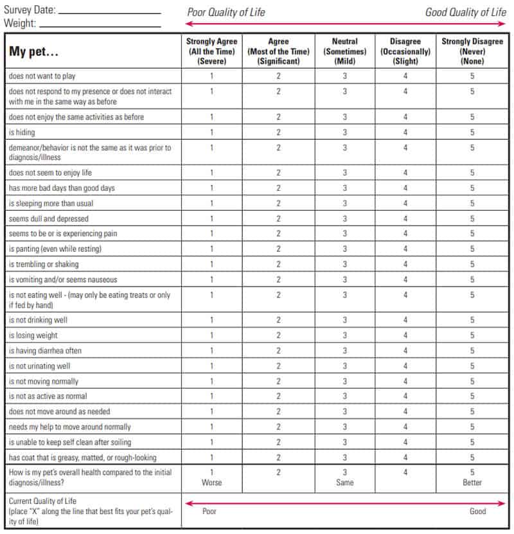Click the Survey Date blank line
[109, 12]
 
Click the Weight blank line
[100, 26]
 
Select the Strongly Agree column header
[211, 51]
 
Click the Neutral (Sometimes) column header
[344, 51]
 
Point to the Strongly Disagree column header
[472, 51]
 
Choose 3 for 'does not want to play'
[344, 76]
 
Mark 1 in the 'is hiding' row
[211, 132]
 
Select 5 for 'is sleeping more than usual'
[472, 204]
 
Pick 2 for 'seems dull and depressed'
[278, 218]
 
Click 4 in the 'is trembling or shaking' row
[405, 264]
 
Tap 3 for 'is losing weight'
[344, 335]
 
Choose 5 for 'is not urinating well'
[472, 366]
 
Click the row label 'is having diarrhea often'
[45, 351]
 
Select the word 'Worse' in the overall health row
[211, 483]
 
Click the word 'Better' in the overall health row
[472, 483]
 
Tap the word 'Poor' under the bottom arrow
[209, 512]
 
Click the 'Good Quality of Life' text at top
[465, 12]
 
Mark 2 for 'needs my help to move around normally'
[278, 427]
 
